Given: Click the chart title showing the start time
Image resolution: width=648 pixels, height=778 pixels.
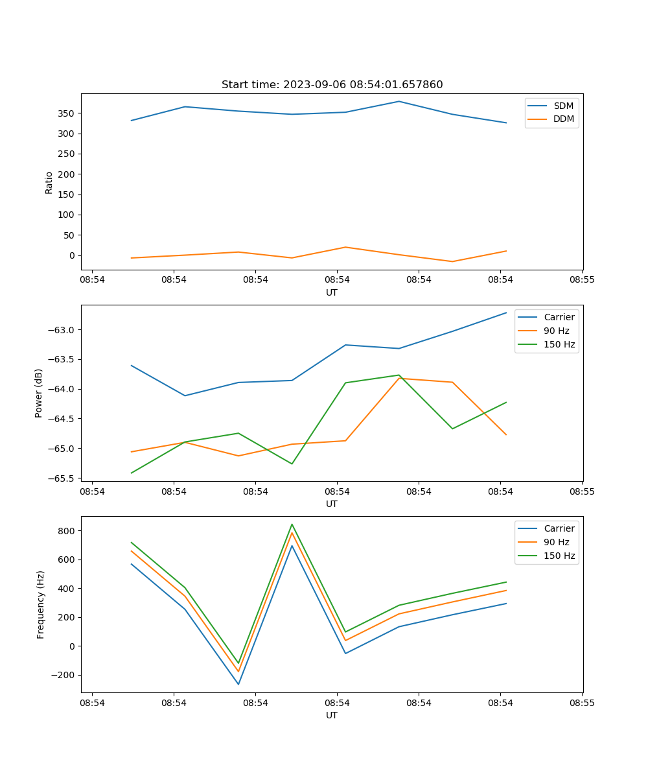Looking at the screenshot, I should pos(332,84).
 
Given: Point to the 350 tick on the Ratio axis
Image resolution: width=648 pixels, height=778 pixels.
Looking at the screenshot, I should pos(67,113).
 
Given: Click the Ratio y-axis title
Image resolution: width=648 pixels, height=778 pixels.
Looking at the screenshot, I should pos(49,182).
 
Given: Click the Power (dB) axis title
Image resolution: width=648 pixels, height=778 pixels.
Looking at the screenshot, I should pos(39,393).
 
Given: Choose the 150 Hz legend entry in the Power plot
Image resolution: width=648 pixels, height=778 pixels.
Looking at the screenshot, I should pos(559,344).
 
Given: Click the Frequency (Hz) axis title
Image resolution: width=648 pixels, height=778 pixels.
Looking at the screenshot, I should pos(41,604).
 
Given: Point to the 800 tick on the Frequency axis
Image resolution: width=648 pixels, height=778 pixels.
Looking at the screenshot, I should pos(67,531).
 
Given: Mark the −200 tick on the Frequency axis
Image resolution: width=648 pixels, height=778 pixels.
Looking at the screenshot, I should pos(65,675).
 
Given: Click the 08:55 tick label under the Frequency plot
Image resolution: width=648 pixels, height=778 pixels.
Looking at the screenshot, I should pos(582,703).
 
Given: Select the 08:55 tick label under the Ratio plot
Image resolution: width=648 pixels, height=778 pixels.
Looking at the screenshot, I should pos(582,280).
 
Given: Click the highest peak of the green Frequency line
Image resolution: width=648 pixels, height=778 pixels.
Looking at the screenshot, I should pos(292,525).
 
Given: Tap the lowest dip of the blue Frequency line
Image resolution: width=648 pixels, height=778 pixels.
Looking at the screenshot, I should pos(238,684).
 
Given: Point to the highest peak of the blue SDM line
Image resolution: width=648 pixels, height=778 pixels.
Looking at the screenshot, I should pos(399,101).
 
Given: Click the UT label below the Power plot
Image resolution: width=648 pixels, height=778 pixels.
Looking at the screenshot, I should pos(332,504).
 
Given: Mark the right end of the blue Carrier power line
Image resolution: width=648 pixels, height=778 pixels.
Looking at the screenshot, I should pos(506,312).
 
